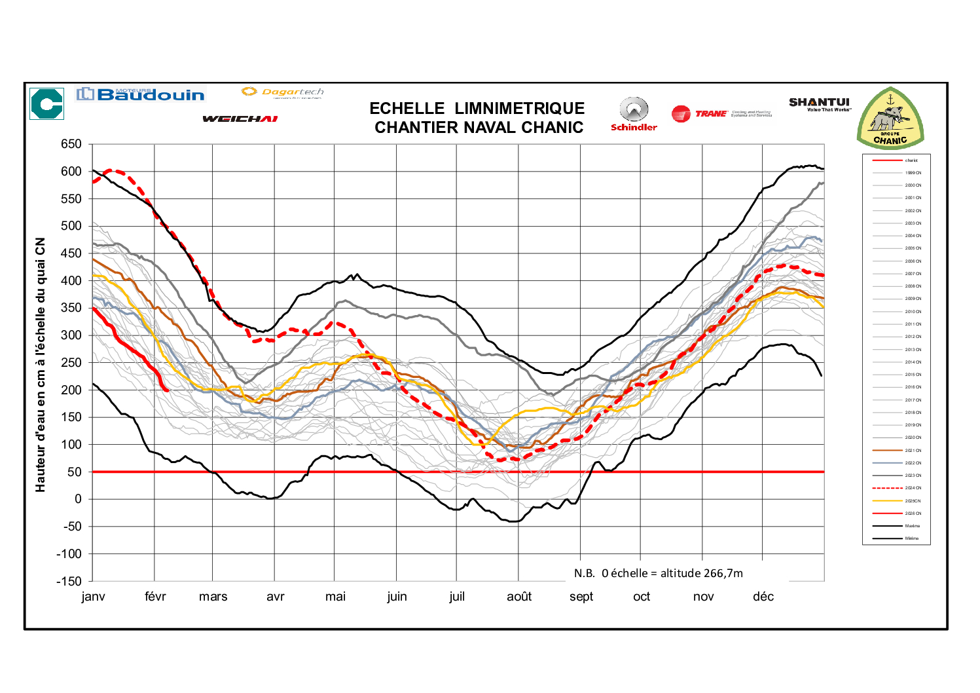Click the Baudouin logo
[141, 94]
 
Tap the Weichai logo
[240, 119]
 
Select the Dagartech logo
[282, 92]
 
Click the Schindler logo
[634, 115]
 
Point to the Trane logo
[720, 114]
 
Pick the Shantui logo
[819, 103]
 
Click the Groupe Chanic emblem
[890, 120]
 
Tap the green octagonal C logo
[47, 103]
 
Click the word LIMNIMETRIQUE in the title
[519, 108]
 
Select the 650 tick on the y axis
[71, 144]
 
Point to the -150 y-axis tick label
[69, 581]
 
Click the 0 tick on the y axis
[79, 499]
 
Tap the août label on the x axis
[519, 597]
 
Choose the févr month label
[155, 597]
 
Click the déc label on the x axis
[763, 597]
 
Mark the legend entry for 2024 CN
[913, 488]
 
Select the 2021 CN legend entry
[913, 450]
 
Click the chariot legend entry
[911, 160]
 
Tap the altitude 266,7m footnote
[658, 573]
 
